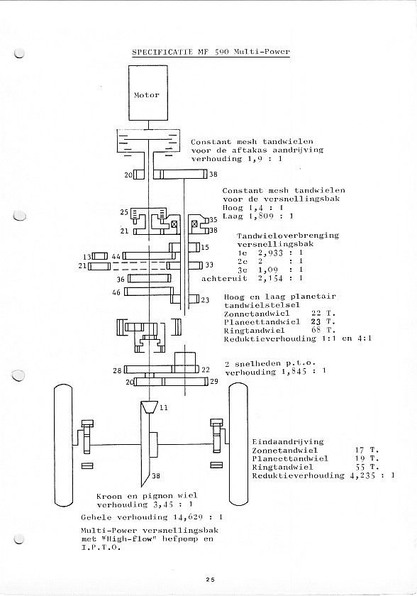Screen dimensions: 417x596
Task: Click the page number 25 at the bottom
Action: (x=211, y=580)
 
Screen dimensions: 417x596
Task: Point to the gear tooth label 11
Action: (x=164, y=408)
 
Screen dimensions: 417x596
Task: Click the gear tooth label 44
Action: (x=116, y=257)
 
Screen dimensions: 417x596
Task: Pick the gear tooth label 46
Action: (x=116, y=292)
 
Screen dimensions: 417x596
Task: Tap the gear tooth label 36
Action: (x=121, y=280)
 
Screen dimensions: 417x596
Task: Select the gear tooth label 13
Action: (x=87, y=256)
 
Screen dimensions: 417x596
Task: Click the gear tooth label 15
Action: (x=205, y=248)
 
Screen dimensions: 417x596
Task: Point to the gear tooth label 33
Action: (x=209, y=265)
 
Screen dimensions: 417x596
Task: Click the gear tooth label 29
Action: (x=214, y=381)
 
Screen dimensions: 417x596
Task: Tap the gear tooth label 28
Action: (x=117, y=370)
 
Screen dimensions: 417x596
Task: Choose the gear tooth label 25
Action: (x=124, y=212)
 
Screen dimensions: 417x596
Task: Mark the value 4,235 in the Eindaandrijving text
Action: (x=362, y=475)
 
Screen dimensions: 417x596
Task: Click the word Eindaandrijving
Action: (x=287, y=441)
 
